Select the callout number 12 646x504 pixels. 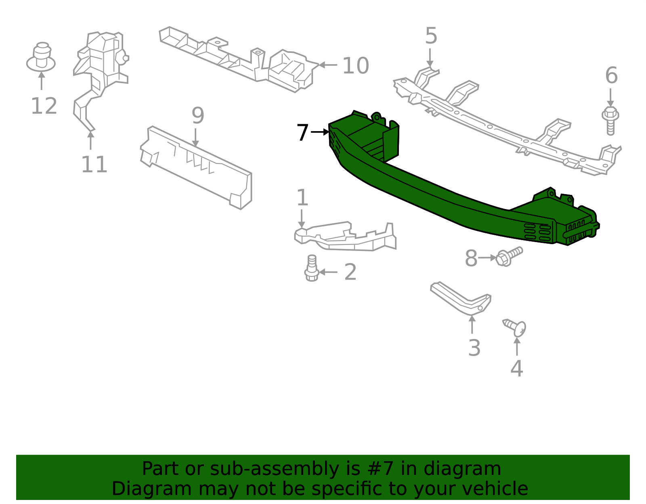pyautogui.click(x=44, y=106)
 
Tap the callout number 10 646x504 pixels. pyautogui.click(x=355, y=66)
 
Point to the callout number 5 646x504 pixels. pyautogui.click(x=431, y=36)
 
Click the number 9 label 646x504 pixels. pyautogui.click(x=198, y=116)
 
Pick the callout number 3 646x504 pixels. pyautogui.click(x=474, y=348)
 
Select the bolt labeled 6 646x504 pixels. pyautogui.click(x=610, y=120)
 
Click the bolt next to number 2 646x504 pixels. pyautogui.click(x=311, y=268)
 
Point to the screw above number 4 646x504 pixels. pyautogui.click(x=515, y=327)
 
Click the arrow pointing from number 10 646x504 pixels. pyautogui.click(x=328, y=65)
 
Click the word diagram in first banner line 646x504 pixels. pyautogui.click(x=470, y=469)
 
